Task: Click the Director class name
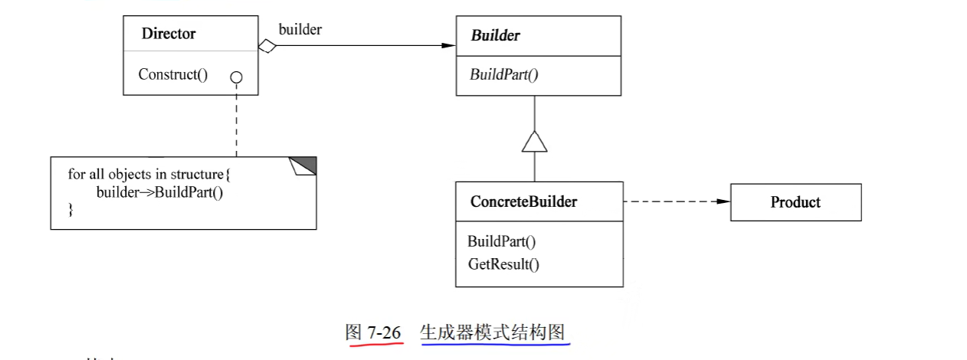pos(169,34)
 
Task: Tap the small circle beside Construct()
pos(236,77)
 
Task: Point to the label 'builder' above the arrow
pos(300,30)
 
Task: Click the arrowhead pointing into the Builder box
pos(448,46)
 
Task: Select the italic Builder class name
pos(495,35)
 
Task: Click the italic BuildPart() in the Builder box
pos(503,75)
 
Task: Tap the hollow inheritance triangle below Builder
pos(534,141)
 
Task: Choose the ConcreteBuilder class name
pos(523,202)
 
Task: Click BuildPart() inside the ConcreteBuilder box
pos(501,241)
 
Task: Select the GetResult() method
pos(503,264)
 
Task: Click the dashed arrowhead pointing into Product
pos(723,202)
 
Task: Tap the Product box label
pos(795,202)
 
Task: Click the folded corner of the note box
pos(303,165)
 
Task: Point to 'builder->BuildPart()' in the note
pos(159,191)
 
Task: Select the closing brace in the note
pos(71,208)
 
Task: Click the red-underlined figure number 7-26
pos(384,332)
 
